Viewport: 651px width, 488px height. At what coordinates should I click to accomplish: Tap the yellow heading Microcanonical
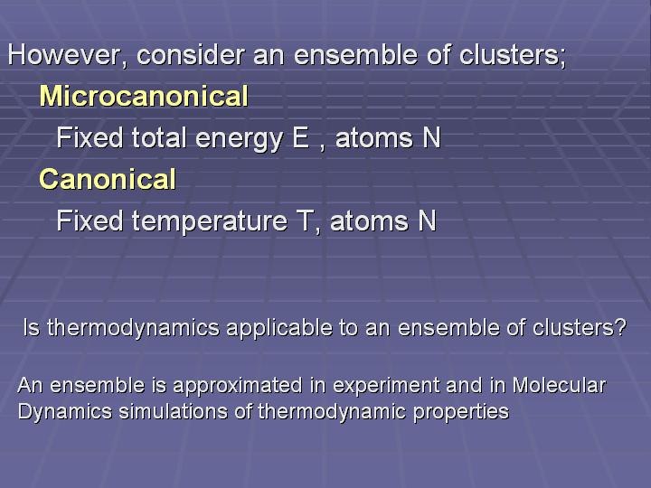click(x=144, y=96)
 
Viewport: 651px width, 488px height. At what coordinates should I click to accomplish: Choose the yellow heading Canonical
click(x=108, y=179)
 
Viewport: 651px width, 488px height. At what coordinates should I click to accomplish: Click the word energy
click(x=239, y=139)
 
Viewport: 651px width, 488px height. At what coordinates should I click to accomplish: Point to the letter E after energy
click(x=300, y=137)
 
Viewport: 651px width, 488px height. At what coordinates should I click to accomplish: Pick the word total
click(x=159, y=137)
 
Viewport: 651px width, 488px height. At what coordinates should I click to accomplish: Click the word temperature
click(x=210, y=222)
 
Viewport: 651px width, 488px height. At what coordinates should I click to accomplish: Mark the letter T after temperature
click(x=305, y=221)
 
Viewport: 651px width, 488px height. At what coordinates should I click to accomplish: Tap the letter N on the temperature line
click(x=427, y=221)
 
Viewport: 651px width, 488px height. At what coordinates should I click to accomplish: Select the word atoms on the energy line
click(x=373, y=138)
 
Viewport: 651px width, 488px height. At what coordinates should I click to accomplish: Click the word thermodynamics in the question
click(x=133, y=329)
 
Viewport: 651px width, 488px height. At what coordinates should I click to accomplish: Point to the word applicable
click(x=279, y=329)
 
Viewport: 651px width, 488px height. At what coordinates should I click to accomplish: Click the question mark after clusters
click(x=620, y=327)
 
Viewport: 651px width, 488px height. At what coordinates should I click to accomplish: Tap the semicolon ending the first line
click(x=562, y=58)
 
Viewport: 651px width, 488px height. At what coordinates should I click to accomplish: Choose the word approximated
click(x=238, y=387)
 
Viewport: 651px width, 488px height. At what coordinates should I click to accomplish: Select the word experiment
click(x=386, y=387)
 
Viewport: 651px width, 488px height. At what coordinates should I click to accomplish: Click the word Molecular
click(x=560, y=385)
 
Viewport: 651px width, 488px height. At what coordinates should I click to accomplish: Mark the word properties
click(x=461, y=413)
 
